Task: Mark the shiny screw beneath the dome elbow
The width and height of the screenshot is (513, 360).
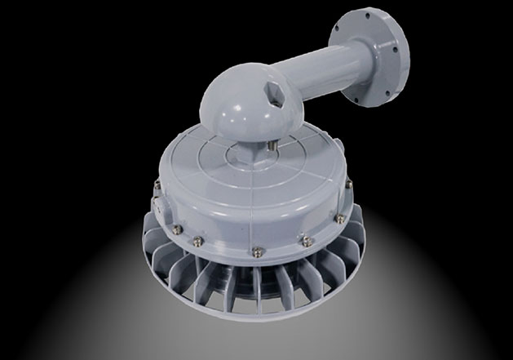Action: [269, 149]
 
